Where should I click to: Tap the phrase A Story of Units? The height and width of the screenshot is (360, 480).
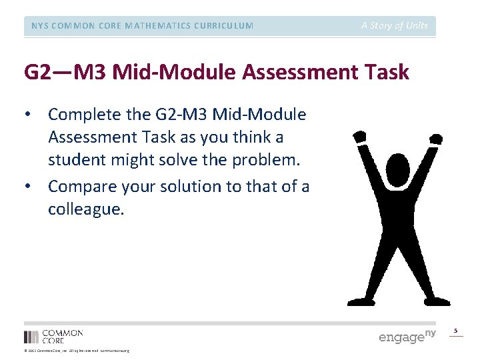tap(395, 26)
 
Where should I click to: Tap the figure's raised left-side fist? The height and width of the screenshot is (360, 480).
tap(359, 137)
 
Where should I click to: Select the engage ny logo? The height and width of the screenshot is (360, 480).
tap(407, 337)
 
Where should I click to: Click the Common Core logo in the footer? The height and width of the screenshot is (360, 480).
tap(53, 336)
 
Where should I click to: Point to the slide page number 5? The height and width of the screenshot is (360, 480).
tap(456, 331)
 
